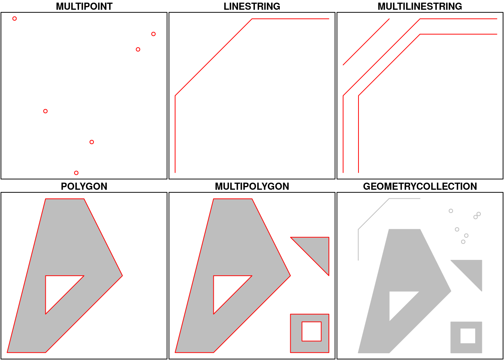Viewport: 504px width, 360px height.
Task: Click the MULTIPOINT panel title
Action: click(x=84, y=6)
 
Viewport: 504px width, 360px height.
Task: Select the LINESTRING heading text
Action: click(x=252, y=6)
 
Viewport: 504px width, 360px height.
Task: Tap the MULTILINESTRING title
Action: click(x=420, y=6)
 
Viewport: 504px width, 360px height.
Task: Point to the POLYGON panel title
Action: click(x=84, y=186)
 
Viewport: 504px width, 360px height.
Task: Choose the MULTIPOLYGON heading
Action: click(x=252, y=186)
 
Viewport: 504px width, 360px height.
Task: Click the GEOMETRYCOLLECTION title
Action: click(x=420, y=186)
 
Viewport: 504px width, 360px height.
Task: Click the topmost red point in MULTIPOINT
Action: click(x=15, y=18)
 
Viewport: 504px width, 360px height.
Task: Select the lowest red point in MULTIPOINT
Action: click(x=76, y=173)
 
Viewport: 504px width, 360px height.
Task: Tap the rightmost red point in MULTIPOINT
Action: click(x=153, y=34)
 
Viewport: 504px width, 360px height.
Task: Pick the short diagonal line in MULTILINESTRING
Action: click(x=366, y=42)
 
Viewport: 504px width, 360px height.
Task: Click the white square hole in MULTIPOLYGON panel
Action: click(x=311, y=331)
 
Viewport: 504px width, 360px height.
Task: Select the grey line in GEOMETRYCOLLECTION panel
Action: click(x=373, y=214)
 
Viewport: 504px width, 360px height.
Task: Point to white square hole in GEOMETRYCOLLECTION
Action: click(x=468, y=336)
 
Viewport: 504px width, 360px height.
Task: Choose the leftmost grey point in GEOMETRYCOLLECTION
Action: click(x=451, y=211)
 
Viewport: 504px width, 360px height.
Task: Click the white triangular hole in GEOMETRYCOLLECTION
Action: click(x=399, y=301)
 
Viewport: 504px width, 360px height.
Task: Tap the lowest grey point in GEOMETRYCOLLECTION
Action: click(x=463, y=242)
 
